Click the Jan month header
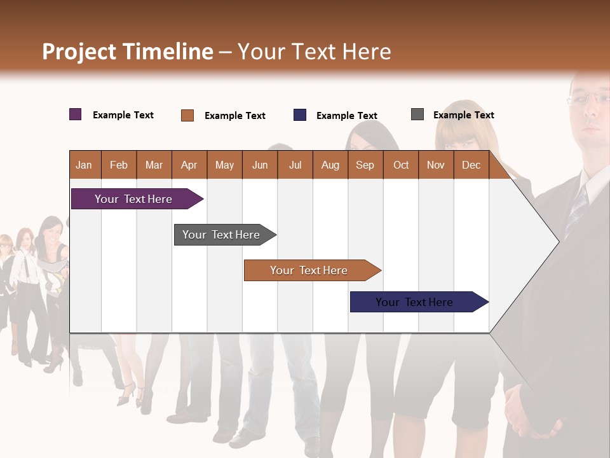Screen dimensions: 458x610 [84, 165]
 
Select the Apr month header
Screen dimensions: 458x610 [189, 165]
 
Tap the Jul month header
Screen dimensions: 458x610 [295, 165]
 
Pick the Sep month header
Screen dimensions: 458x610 [365, 165]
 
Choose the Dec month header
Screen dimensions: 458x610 [471, 165]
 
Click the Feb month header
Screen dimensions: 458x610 [119, 165]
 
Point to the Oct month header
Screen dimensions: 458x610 [400, 165]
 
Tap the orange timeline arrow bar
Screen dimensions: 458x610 [309, 270]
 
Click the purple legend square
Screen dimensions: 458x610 [76, 114]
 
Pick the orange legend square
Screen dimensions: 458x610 [187, 115]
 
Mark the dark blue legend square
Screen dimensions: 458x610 [300, 115]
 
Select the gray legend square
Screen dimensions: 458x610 [417, 114]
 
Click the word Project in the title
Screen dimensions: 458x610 [79, 52]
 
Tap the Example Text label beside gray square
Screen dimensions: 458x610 [463, 115]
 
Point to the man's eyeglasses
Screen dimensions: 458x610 [589, 99]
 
